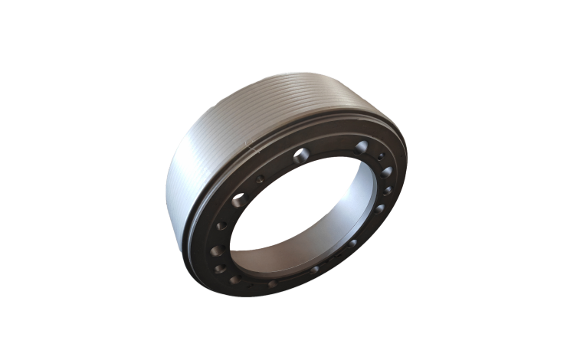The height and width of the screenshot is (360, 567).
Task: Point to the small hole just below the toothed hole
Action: (x=222, y=226)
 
